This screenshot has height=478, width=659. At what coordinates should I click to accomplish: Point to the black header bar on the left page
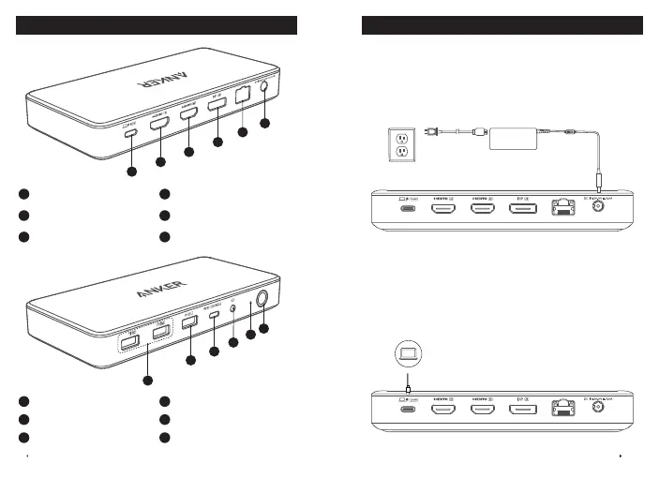[157, 24]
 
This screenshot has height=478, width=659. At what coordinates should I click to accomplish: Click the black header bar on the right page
[502, 24]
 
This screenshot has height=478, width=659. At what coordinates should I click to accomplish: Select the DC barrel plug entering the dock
[598, 179]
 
